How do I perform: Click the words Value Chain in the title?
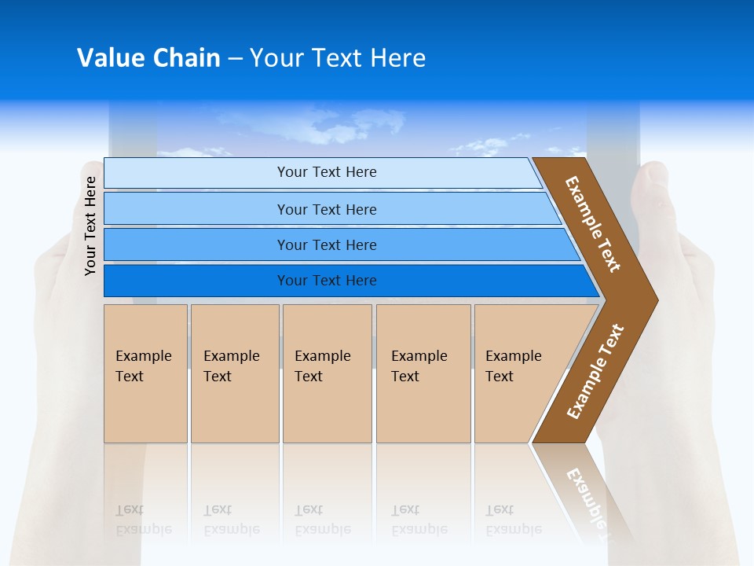click(x=148, y=58)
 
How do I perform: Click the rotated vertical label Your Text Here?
click(x=90, y=226)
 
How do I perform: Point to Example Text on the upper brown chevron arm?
click(x=593, y=224)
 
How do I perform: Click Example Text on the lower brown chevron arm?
click(x=595, y=372)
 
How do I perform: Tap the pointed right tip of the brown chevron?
click(x=651, y=300)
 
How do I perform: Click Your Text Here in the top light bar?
click(x=327, y=172)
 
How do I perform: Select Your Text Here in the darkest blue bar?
click(x=327, y=281)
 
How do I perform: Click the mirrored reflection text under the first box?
click(x=143, y=520)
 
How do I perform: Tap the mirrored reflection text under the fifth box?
click(x=513, y=520)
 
